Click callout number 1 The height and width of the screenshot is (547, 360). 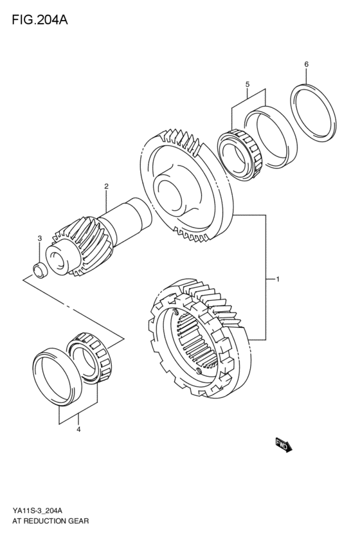pyautogui.click(x=277, y=280)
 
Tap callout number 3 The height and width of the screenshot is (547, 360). pyautogui.click(x=39, y=238)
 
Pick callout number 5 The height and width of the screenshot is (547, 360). pyautogui.click(x=246, y=84)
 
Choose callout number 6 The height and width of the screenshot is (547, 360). pyautogui.click(x=306, y=64)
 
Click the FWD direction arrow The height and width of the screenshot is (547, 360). pyautogui.click(x=283, y=445)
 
